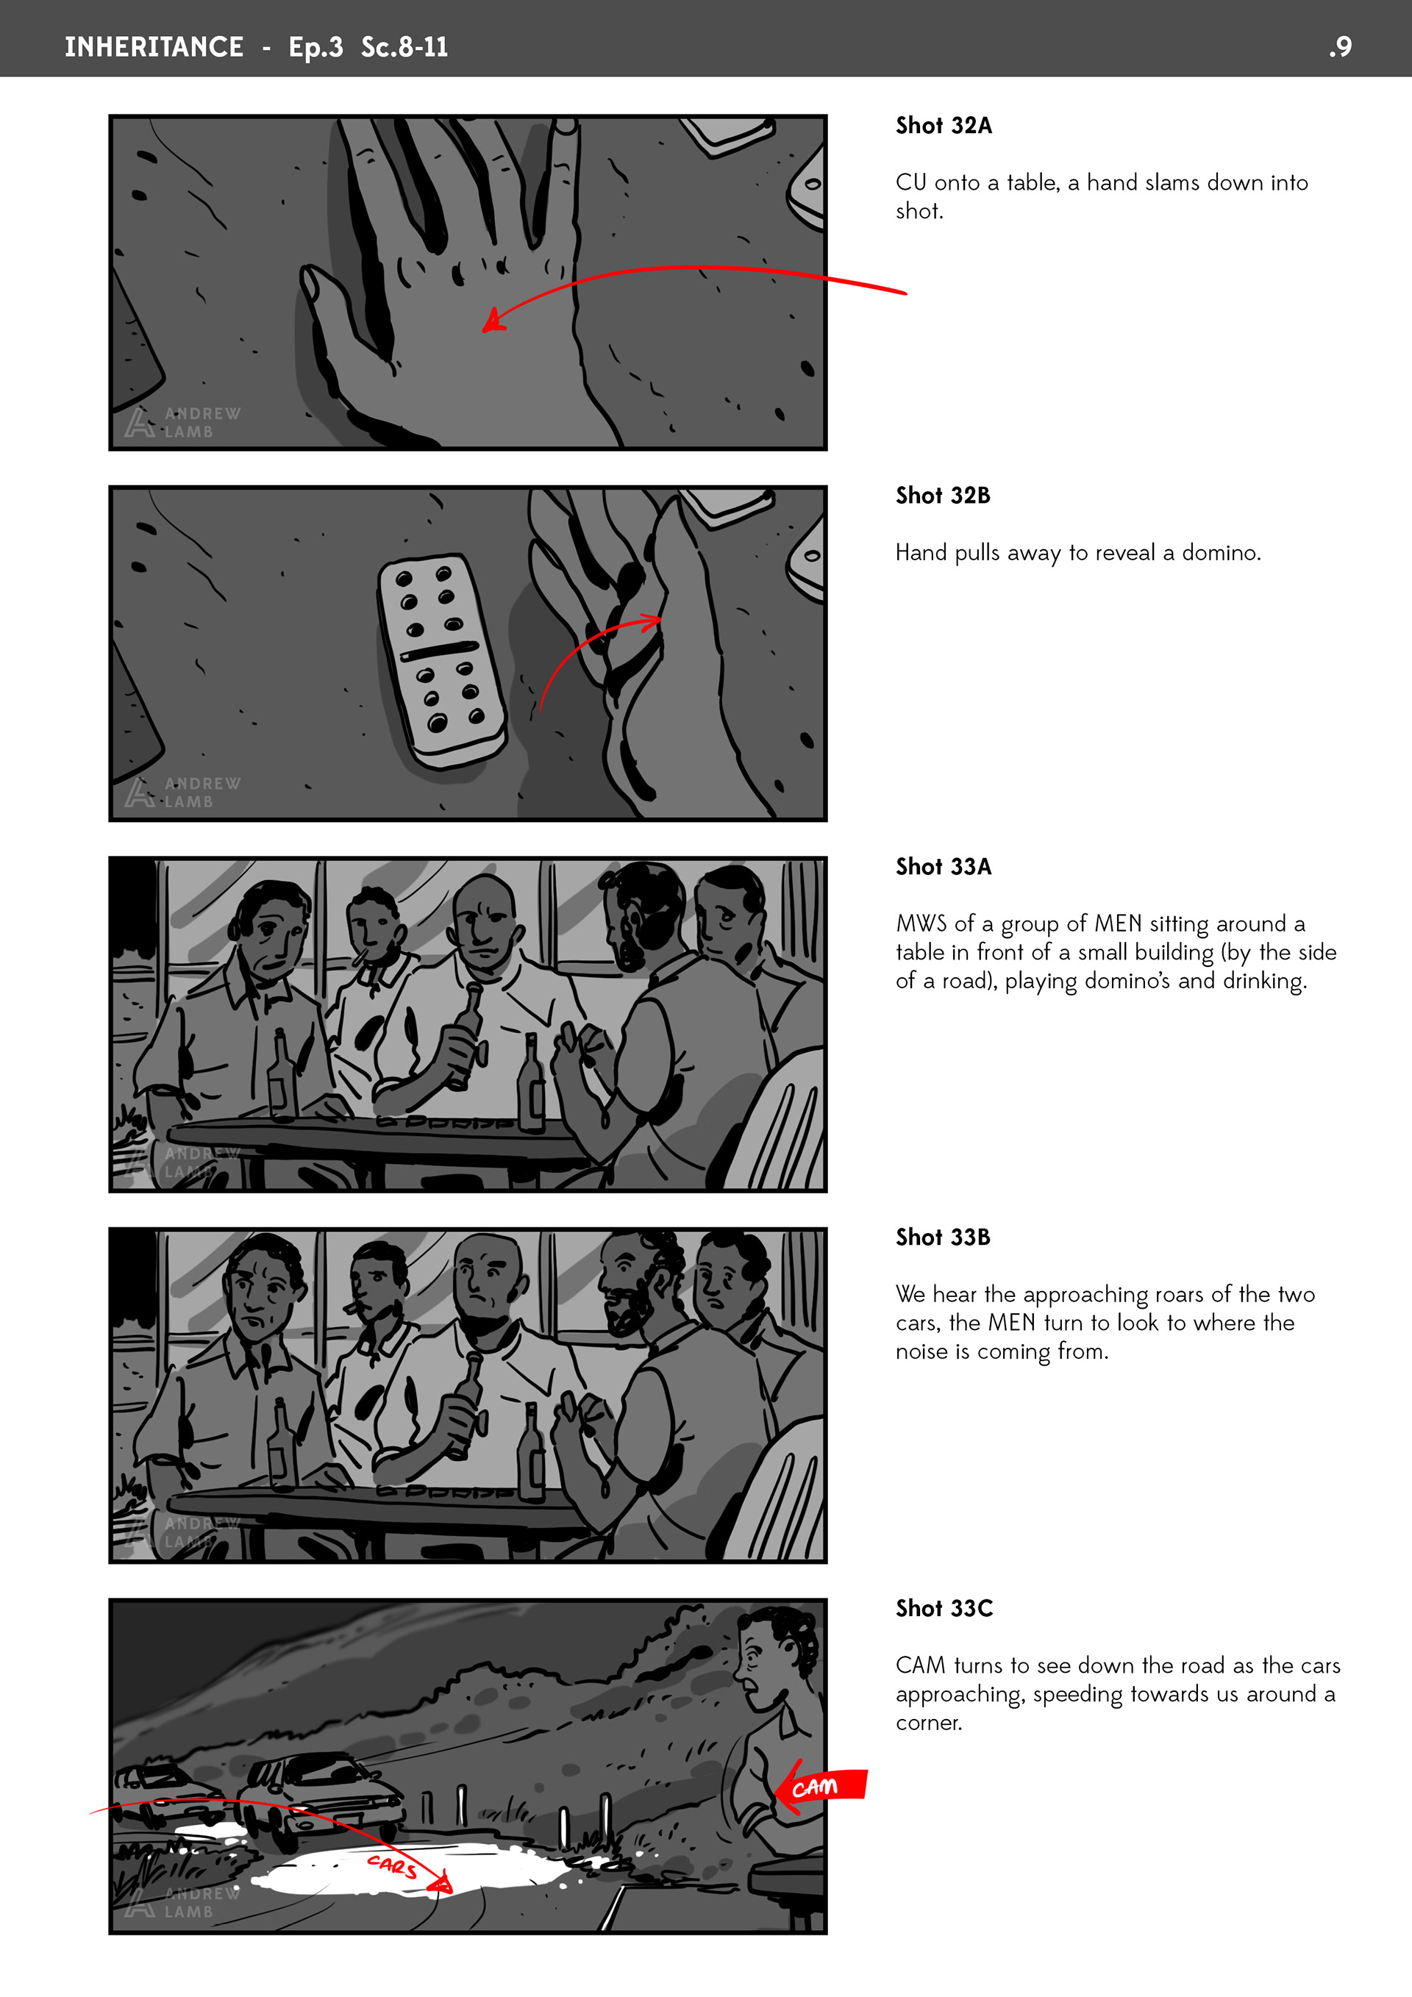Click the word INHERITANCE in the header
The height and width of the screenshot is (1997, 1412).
tap(154, 47)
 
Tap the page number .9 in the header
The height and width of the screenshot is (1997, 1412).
tap(1340, 47)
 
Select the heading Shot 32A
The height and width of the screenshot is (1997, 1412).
tap(944, 125)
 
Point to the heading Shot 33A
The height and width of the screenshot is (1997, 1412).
tap(944, 866)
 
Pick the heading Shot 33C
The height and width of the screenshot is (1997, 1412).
tap(944, 1608)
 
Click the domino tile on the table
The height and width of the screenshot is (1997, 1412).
tap(442, 661)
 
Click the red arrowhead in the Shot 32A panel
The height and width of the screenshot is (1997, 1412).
tap(493, 320)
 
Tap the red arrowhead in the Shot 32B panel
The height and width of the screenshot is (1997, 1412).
tap(651, 621)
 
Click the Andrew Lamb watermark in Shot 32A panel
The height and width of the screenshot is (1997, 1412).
tap(182, 423)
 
